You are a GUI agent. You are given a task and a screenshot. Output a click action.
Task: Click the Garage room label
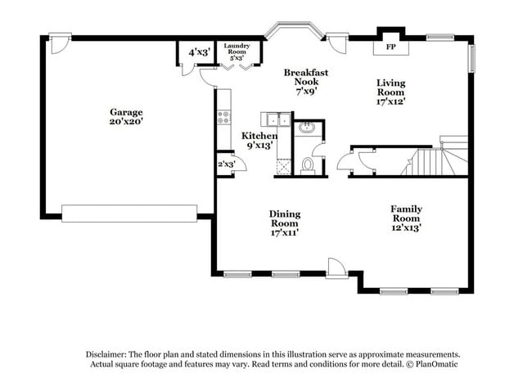point(127,112)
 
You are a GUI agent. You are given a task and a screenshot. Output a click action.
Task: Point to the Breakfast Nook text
point(306,73)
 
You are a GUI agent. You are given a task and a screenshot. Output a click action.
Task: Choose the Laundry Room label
point(237,47)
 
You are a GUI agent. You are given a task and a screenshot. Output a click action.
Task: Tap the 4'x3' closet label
point(199,52)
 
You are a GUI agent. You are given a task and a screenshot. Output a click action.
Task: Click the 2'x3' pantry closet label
point(225,164)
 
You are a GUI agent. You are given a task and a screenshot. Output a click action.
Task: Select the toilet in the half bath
point(308,166)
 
